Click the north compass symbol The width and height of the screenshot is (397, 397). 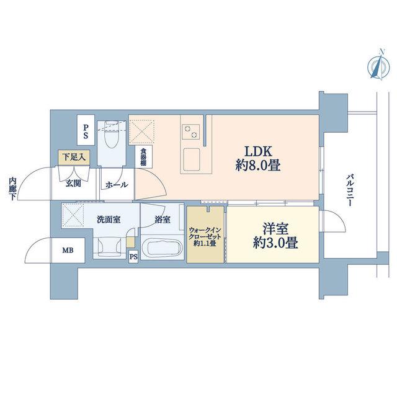378,66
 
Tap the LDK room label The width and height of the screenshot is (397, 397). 258,151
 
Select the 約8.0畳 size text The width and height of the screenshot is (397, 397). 258,166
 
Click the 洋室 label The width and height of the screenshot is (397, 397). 275,228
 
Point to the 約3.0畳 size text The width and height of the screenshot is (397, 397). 275,243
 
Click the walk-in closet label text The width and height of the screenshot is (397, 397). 205,237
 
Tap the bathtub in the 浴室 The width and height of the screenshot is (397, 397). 162,248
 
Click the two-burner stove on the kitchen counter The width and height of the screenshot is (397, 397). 190,132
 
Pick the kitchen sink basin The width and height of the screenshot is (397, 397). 192,159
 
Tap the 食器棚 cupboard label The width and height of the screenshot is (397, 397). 143,157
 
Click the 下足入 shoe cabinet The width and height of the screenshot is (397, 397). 74,157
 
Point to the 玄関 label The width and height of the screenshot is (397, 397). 73,184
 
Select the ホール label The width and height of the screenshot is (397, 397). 117,185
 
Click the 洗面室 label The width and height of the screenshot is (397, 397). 109,219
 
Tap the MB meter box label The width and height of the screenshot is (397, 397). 68,251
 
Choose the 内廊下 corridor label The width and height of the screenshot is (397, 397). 12,189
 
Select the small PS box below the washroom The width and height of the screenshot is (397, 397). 133,257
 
